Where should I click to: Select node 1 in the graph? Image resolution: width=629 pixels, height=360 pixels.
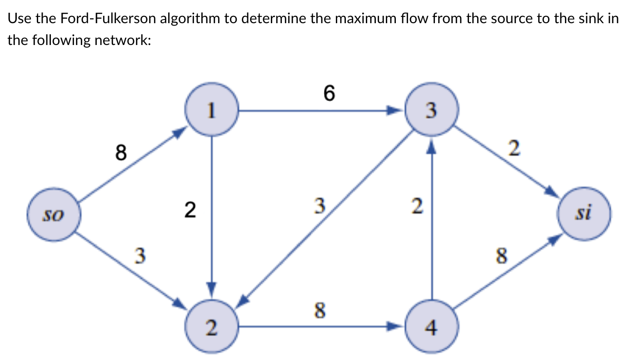click(x=212, y=110)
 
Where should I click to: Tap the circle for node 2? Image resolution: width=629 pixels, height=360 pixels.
click(x=212, y=326)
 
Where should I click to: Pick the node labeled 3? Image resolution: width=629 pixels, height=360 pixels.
click(x=432, y=110)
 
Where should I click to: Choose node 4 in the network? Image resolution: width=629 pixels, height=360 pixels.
click(x=432, y=326)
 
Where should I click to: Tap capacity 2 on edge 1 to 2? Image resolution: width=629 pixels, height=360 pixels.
click(x=190, y=210)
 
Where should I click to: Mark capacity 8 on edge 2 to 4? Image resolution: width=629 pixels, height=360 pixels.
click(x=320, y=311)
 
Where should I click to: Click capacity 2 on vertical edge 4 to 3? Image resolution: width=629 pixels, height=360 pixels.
click(x=416, y=207)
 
